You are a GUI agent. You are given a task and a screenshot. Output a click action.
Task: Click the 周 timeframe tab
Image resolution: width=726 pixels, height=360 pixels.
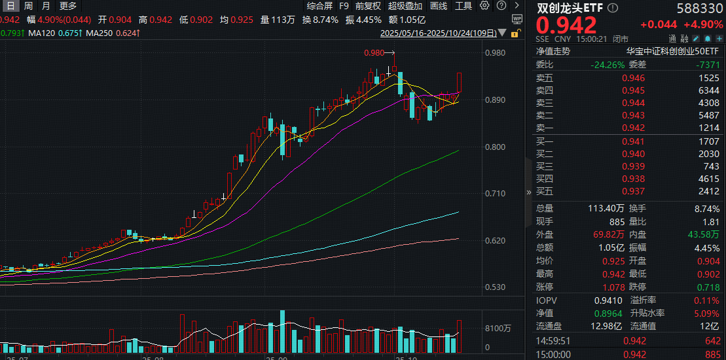point(28,6)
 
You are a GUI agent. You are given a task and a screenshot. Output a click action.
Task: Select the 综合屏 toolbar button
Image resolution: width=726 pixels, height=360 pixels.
point(319,6)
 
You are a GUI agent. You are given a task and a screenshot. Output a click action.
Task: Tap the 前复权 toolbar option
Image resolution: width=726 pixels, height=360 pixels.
point(368,6)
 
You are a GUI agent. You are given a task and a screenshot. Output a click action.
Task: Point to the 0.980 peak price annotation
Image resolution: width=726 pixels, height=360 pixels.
point(374,54)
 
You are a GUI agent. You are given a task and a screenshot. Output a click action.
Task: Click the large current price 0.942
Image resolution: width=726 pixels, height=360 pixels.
point(567,26)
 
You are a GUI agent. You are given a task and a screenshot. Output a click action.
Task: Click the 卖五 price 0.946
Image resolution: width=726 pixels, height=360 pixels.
point(633,78)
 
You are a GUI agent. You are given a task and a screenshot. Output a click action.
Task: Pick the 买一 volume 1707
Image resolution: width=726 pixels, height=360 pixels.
point(709,141)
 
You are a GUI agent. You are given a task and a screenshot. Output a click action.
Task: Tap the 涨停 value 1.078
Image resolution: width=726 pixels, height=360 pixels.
point(633,287)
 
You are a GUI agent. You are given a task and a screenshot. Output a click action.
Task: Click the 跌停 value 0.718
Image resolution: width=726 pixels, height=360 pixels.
point(709,287)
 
